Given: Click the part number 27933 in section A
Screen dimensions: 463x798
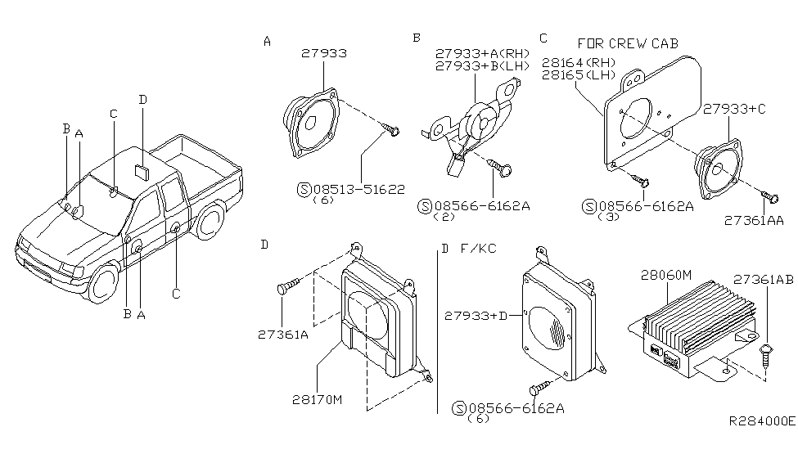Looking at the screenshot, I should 325,53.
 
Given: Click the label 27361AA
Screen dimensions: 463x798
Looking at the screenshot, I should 754,220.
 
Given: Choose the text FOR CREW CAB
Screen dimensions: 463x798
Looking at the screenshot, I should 628,43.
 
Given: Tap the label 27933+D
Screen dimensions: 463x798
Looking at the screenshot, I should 477,315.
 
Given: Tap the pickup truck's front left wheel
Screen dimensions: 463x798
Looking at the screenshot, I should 105,280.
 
